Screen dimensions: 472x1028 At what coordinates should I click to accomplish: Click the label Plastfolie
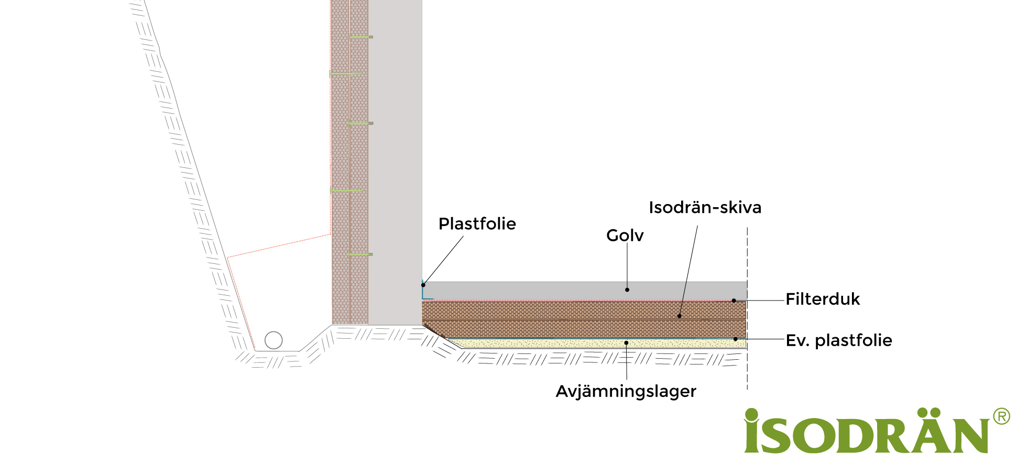point(477,224)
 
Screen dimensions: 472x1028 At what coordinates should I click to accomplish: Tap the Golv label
point(625,235)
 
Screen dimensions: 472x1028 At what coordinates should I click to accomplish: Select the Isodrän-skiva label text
point(705,208)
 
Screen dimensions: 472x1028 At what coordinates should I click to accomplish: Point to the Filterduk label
point(823,299)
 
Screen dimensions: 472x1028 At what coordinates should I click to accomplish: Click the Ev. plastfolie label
point(839,340)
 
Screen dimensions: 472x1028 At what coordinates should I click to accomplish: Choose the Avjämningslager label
point(626,391)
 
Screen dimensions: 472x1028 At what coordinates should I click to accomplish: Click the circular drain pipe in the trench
point(274,340)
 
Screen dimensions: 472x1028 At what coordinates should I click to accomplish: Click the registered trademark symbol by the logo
point(1001,416)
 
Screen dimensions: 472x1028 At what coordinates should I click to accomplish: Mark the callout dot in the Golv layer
point(627,289)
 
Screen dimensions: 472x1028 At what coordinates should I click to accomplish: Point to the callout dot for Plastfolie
point(423,285)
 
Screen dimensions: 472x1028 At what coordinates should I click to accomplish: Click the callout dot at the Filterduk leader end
point(734,301)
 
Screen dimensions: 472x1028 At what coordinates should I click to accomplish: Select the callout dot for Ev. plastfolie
point(736,339)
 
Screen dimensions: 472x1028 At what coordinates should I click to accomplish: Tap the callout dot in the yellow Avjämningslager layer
point(626,343)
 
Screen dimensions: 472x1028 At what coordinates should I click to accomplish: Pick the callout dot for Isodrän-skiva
point(680,316)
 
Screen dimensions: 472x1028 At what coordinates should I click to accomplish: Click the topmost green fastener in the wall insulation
point(360,37)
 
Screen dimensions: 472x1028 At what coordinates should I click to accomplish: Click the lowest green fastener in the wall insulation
point(360,254)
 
